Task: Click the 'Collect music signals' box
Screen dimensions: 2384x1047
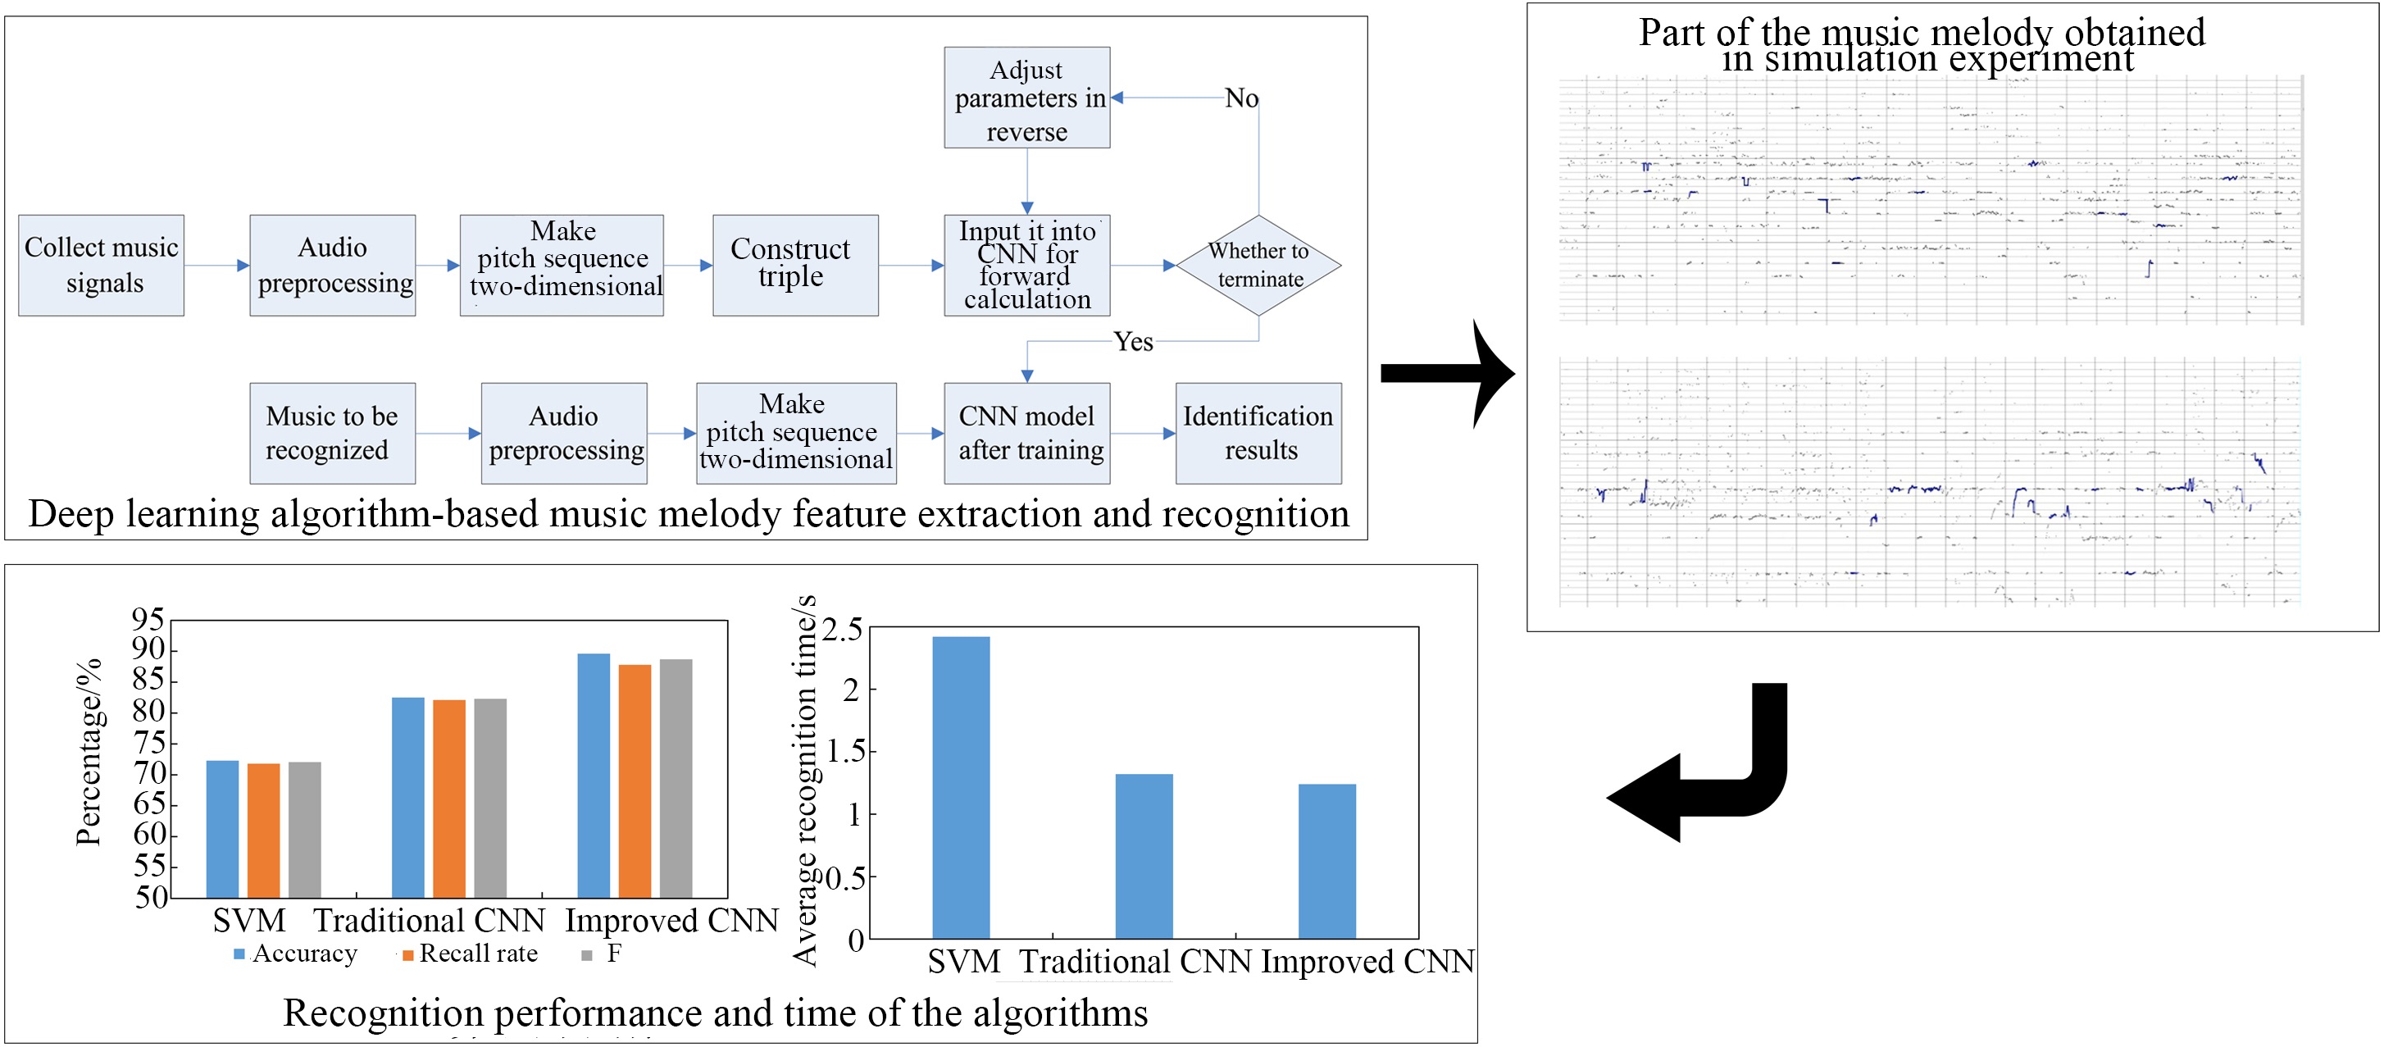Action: coord(101,266)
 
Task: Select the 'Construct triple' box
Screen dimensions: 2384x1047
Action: coord(795,266)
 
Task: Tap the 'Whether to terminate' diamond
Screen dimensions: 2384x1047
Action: coord(1258,266)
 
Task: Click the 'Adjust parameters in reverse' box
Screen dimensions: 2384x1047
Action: coord(1026,98)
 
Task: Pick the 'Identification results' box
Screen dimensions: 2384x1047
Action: coord(1258,433)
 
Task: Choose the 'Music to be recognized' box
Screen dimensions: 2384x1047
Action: coord(332,433)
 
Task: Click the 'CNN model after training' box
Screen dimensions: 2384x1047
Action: coord(1026,433)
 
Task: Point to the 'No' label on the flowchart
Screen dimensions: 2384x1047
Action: coord(1241,98)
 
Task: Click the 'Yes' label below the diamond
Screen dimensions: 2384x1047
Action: coord(1133,342)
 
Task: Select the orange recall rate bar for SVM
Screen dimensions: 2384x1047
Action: coord(264,831)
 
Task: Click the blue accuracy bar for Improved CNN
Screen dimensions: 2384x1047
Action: coord(594,776)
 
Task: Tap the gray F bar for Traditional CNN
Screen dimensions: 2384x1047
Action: coord(490,798)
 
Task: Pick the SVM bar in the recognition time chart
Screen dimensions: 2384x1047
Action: coord(961,788)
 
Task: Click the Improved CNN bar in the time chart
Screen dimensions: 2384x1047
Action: coord(1327,861)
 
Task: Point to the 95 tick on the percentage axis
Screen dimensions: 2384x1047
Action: coord(148,618)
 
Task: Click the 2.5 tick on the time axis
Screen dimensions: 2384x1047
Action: coord(841,630)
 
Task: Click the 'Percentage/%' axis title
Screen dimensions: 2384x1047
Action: coord(88,752)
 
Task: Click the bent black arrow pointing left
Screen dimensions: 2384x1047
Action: coord(1697,762)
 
